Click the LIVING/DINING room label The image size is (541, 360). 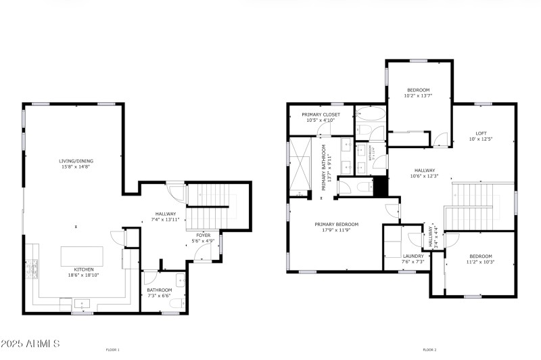click(74, 161)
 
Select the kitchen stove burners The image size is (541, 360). click(31, 269)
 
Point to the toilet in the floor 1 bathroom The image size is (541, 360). click(175, 305)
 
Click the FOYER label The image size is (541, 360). click(204, 235)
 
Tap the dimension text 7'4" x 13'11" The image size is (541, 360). click(165, 219)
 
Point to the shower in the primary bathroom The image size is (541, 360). click(298, 162)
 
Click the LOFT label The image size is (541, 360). click(481, 133)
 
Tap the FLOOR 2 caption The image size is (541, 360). click(429, 350)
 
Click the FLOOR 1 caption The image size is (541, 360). click(112, 350)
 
